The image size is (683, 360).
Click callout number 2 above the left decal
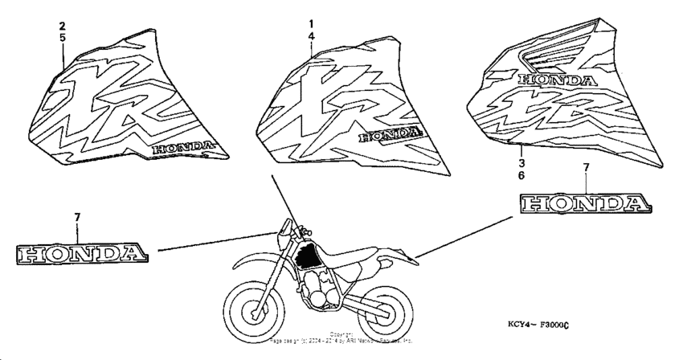coord(63,26)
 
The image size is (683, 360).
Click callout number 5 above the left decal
coord(63,39)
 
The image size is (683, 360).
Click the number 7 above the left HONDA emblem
coord(77,219)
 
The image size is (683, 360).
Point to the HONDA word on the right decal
coord(558,80)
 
